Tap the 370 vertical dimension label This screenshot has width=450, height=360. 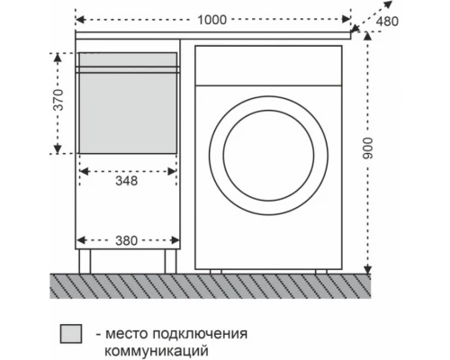tap(58, 101)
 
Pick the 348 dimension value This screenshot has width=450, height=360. tap(126, 180)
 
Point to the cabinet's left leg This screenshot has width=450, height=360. tap(85, 262)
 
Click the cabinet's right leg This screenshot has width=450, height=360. tap(168, 262)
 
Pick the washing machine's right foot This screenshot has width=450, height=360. tap(321, 271)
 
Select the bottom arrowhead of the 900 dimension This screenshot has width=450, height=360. tap(367, 270)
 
